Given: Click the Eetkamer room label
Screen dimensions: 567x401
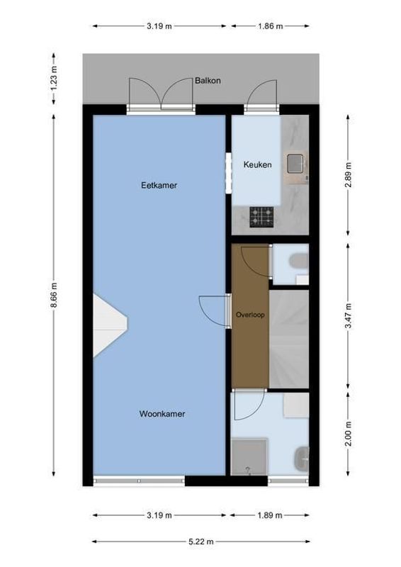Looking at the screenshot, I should (x=159, y=186).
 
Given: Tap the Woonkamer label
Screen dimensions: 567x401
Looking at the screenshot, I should (x=162, y=415).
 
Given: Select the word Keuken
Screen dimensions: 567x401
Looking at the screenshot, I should (x=257, y=164).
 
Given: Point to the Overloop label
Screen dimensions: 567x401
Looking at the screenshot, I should (x=250, y=315).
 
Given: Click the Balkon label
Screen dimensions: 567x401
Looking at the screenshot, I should (x=208, y=81).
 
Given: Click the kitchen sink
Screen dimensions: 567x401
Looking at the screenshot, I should (x=295, y=164).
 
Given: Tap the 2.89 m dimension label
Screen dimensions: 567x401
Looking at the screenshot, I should (x=348, y=174).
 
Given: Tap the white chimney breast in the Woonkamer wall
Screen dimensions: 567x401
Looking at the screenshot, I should (x=109, y=325).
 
